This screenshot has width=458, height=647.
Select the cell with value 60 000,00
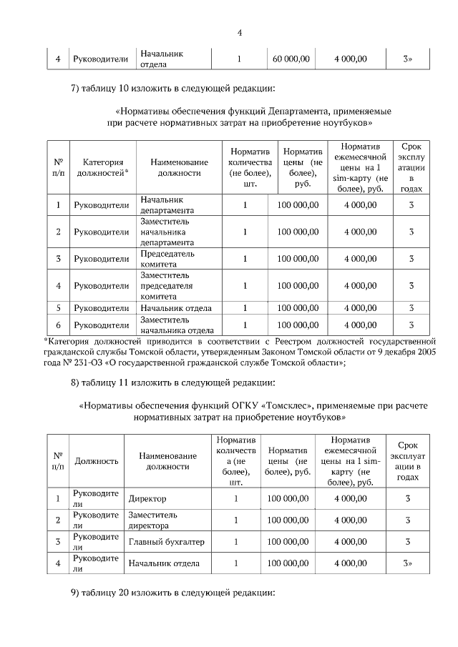(291, 59)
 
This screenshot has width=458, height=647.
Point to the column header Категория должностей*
(101, 167)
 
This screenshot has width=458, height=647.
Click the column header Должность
(96, 461)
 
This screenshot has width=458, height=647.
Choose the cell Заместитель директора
(153, 520)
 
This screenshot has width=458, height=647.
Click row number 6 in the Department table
(58, 325)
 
